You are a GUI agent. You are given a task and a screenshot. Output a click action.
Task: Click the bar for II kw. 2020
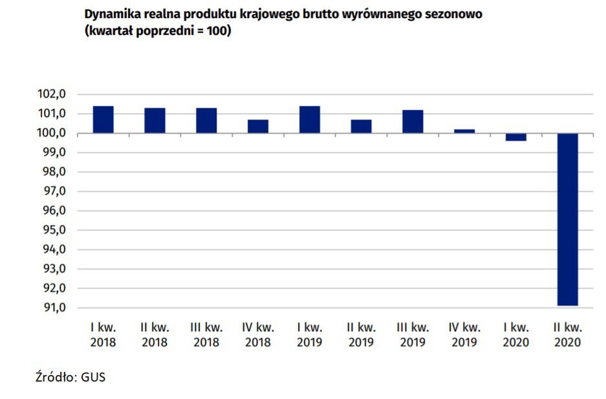tap(567, 219)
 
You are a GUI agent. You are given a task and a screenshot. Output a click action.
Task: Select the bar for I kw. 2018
tap(103, 120)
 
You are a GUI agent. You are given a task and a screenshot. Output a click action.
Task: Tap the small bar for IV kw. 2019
tap(464, 131)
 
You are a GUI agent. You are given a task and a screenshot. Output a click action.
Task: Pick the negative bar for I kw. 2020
tap(515, 136)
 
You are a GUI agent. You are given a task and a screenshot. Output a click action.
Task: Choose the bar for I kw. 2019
tap(309, 120)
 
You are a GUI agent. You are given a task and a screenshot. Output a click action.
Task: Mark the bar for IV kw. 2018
tap(257, 126)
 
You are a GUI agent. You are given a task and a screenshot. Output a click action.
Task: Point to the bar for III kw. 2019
tap(413, 122)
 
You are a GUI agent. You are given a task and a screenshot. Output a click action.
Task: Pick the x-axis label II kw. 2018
tap(155, 335)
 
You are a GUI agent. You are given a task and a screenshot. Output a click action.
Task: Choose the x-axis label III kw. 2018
tap(206, 335)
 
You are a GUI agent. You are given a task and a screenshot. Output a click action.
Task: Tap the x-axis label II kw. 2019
tap(361, 335)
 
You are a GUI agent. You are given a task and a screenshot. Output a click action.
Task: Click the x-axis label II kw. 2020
tap(567, 335)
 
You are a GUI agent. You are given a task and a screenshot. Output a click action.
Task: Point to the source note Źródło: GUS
tap(70, 377)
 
